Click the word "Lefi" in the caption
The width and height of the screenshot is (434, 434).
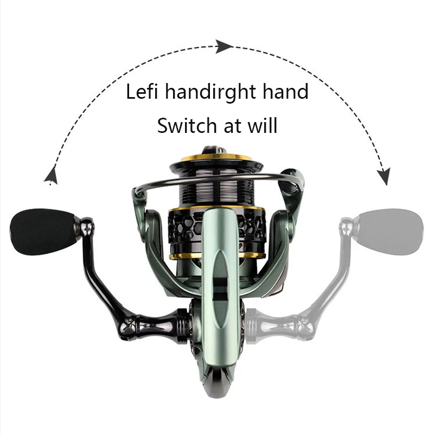[142, 91]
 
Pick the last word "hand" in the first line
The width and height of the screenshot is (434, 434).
[285, 91]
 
